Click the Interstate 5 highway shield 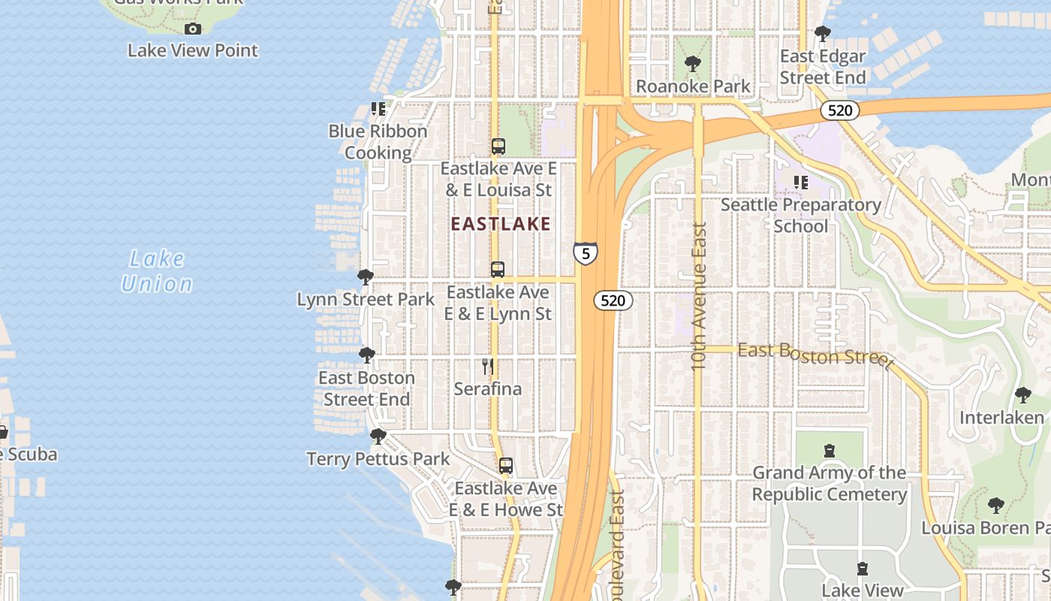pyautogui.click(x=586, y=253)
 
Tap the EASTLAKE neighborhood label pyautogui.click(x=501, y=224)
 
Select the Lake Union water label pyautogui.click(x=157, y=271)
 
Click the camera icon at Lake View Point pyautogui.click(x=193, y=29)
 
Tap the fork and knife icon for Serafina pyautogui.click(x=488, y=367)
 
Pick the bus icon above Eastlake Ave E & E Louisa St pyautogui.click(x=498, y=146)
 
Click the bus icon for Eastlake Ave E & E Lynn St pyautogui.click(x=497, y=270)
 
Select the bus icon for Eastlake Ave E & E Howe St pyautogui.click(x=506, y=466)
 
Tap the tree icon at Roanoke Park pyautogui.click(x=693, y=64)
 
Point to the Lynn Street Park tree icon pyautogui.click(x=366, y=277)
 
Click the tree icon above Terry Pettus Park pyautogui.click(x=378, y=436)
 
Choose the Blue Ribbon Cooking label pyautogui.click(x=378, y=142)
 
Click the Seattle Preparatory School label pyautogui.click(x=801, y=216)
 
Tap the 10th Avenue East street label pyautogui.click(x=699, y=295)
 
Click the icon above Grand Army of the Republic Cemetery pyautogui.click(x=830, y=451)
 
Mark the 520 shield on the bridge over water pyautogui.click(x=839, y=110)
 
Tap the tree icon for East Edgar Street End pyautogui.click(x=823, y=34)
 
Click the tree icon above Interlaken pyautogui.click(x=1022, y=395)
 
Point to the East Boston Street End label pyautogui.click(x=366, y=388)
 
